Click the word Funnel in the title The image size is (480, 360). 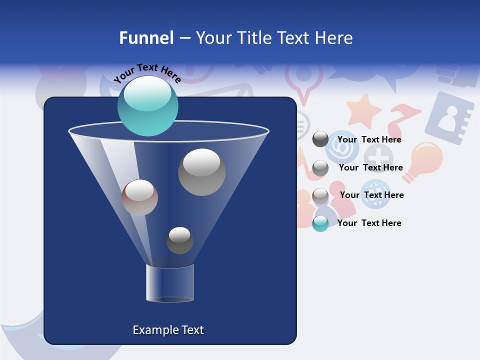tap(146, 38)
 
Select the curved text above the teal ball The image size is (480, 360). tap(147, 72)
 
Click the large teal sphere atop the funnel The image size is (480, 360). tap(148, 105)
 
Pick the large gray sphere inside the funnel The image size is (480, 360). tap(201, 172)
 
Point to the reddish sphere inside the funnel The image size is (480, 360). tap(139, 197)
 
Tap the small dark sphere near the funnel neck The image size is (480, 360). tap(179, 240)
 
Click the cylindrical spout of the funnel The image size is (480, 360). tap(170, 283)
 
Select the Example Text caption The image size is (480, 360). tap(168, 330)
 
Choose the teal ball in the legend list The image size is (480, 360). tap(320, 223)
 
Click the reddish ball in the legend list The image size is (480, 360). tap(320, 196)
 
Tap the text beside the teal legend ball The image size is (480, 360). tap(369, 223)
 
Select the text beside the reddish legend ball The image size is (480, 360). tap(372, 195)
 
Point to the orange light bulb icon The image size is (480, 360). tap(423, 160)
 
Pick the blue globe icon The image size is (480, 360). tap(375, 194)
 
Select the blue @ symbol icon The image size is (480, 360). tap(342, 147)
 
